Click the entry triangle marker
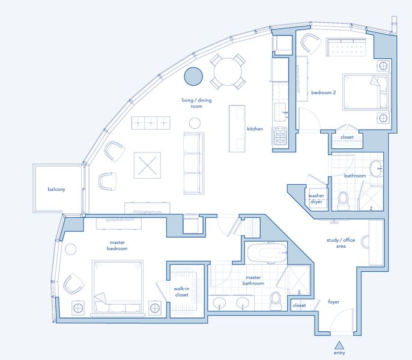tap(339, 345)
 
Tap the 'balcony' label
tap(56, 189)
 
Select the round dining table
tap(228, 71)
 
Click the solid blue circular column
tap(193, 76)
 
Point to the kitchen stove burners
tap(280, 136)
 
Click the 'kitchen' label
tap(255, 128)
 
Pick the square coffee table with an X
tap(147, 166)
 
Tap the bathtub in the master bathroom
tap(267, 253)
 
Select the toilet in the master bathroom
tap(275, 301)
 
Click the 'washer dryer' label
tap(316, 199)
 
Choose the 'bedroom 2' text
tap(324, 92)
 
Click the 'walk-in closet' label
tap(181, 292)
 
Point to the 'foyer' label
tap(334, 302)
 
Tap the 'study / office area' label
tap(341, 243)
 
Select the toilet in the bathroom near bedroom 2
tap(342, 200)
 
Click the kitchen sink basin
tap(280, 112)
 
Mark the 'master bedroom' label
tap(117, 245)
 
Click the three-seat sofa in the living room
tap(194, 163)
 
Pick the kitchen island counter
tap(237, 128)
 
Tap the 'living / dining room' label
tap(196, 103)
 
